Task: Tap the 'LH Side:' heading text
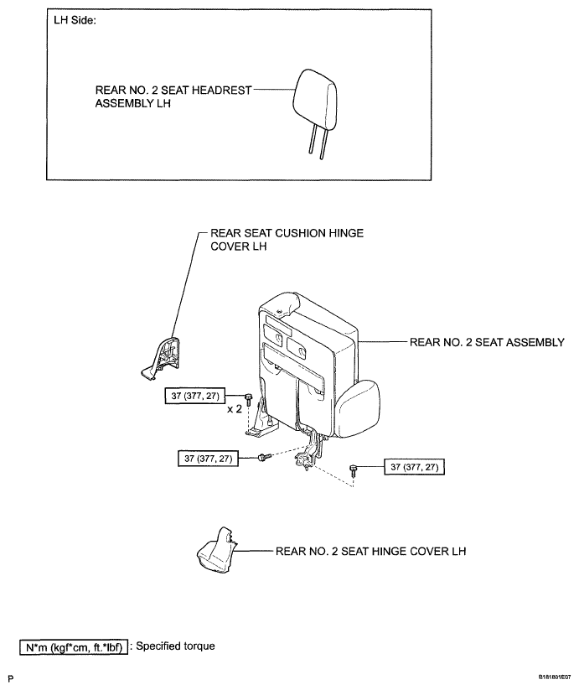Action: point(74,20)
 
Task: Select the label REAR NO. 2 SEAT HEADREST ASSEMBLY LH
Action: point(173,97)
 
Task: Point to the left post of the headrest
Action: point(309,153)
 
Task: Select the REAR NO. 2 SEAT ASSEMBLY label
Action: point(486,342)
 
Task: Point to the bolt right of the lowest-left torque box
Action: point(263,457)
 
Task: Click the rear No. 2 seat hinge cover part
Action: point(215,554)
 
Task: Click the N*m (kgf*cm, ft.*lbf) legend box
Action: point(74,646)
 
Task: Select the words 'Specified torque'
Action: point(175,646)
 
